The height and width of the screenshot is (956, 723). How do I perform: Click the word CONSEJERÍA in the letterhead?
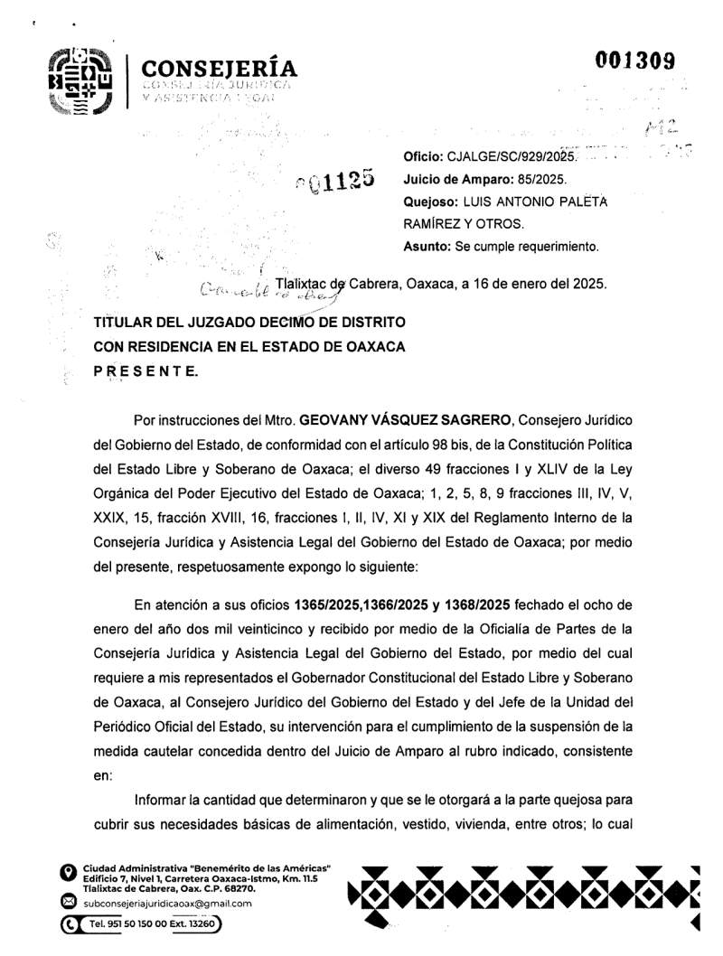(x=220, y=68)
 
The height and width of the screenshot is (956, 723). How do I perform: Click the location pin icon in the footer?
(x=66, y=873)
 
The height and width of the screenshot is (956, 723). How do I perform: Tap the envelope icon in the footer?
(x=66, y=901)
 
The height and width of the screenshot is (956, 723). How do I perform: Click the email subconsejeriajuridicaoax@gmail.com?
(x=167, y=903)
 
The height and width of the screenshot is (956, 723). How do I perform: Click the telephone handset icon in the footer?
(x=69, y=925)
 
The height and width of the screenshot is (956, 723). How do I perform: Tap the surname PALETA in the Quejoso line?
(x=580, y=202)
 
